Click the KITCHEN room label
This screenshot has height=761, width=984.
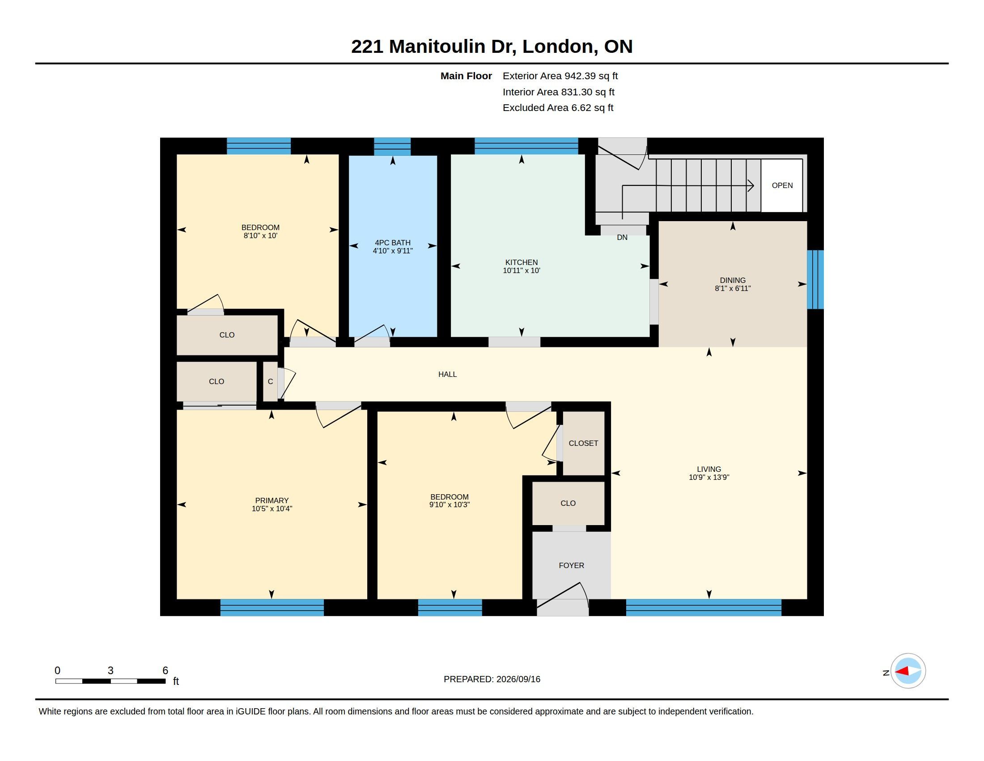pyautogui.click(x=521, y=262)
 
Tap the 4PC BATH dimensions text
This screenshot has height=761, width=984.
pyautogui.click(x=392, y=251)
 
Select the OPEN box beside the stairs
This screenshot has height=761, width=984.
pyautogui.click(x=782, y=185)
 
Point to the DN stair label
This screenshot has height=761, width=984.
pyautogui.click(x=622, y=238)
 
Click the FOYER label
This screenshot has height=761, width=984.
pyautogui.click(x=571, y=565)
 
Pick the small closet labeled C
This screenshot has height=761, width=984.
pyautogui.click(x=270, y=381)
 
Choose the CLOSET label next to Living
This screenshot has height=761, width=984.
pyautogui.click(x=583, y=443)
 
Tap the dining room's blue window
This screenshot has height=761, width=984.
pyautogui.click(x=815, y=279)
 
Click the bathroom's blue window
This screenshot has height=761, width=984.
pyautogui.click(x=392, y=146)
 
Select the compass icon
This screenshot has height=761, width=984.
pyautogui.click(x=908, y=671)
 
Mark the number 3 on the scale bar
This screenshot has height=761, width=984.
pyautogui.click(x=110, y=671)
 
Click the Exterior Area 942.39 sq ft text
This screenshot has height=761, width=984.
pyautogui.click(x=560, y=76)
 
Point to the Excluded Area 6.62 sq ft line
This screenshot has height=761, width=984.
pyautogui.click(x=558, y=108)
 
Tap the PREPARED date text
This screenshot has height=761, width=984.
pyautogui.click(x=492, y=679)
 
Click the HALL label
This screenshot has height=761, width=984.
pyautogui.click(x=447, y=374)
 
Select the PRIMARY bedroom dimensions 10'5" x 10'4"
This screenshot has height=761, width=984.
pyautogui.click(x=271, y=509)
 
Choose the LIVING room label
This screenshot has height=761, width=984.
pyautogui.click(x=709, y=469)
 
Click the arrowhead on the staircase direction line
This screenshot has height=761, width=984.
pyautogui.click(x=751, y=185)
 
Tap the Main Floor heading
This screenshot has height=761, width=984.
pyautogui.click(x=466, y=76)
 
